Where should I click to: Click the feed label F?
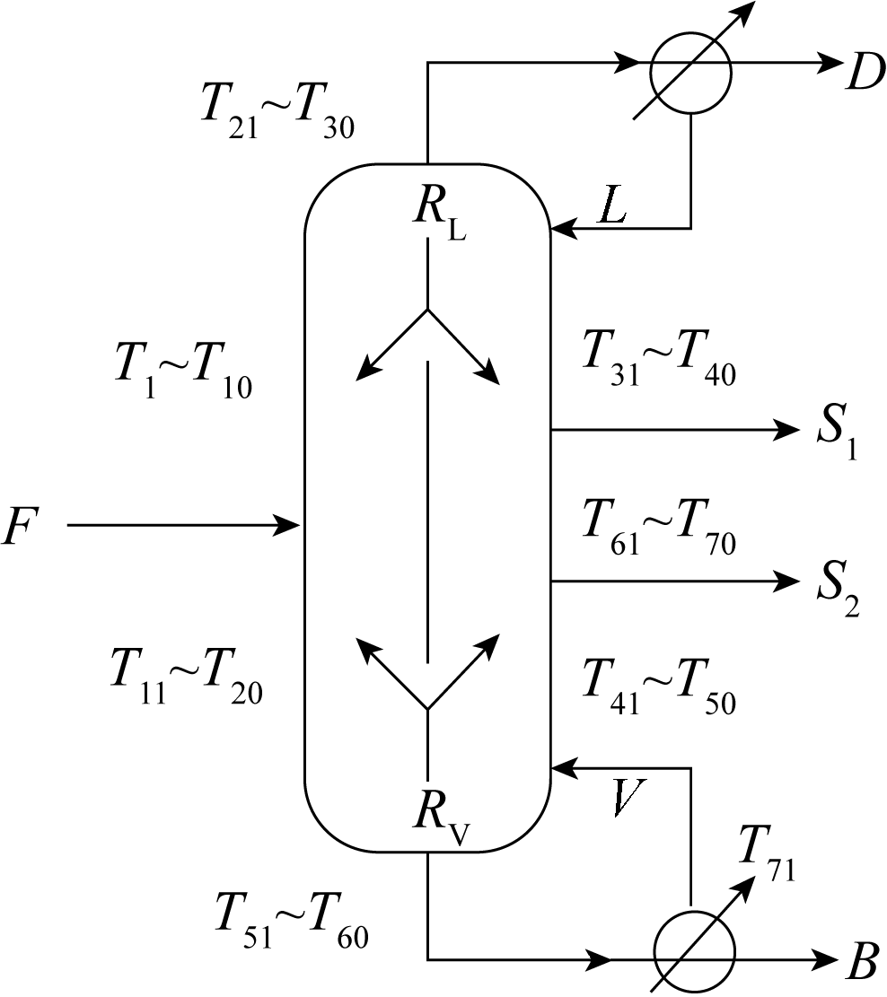pos(21,527)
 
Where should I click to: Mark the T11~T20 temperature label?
pos(184,675)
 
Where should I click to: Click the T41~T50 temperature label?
pos(658,686)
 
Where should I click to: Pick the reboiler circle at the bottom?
pos(694,953)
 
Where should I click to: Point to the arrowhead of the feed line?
pos(288,524)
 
